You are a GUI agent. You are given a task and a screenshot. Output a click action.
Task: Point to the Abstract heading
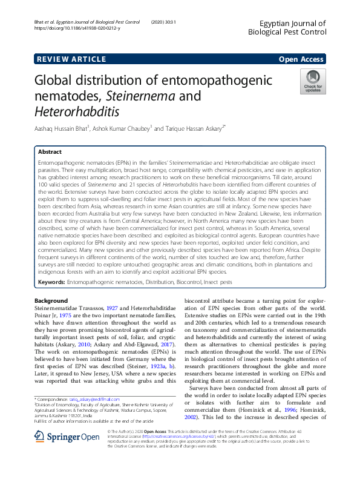click(50, 152)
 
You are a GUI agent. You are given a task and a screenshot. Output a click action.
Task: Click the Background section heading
click(51, 300)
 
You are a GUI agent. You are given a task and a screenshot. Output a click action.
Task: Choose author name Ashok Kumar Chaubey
click(129, 128)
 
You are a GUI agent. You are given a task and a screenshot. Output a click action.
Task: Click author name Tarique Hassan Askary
click(193, 128)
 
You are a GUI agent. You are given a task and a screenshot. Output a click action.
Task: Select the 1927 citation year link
click(113, 308)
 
